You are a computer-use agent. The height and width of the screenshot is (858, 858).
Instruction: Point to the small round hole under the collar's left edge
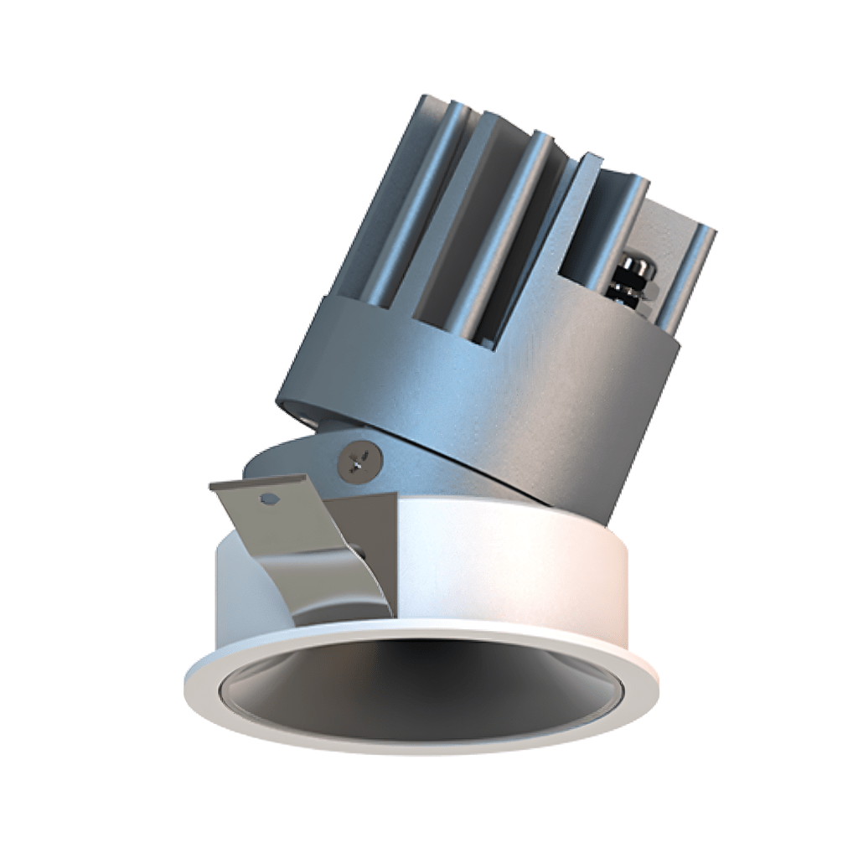pos(302,414)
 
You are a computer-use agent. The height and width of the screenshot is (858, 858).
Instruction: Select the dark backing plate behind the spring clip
pos(369,536)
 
